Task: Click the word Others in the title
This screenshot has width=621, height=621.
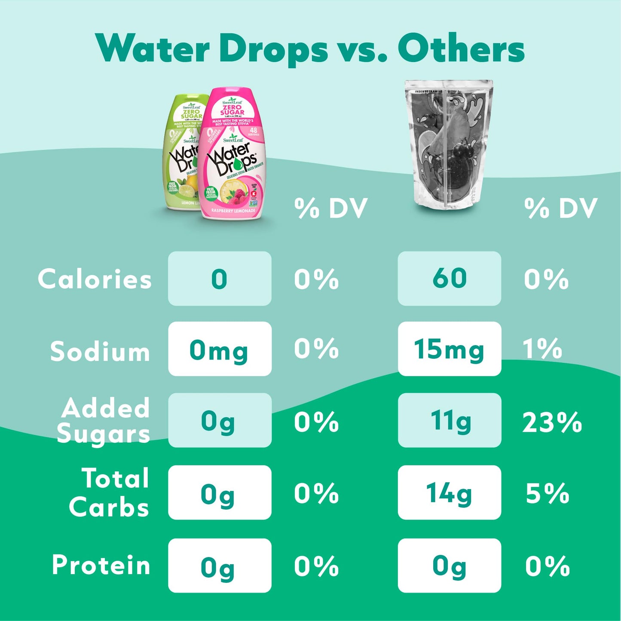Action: tap(461, 49)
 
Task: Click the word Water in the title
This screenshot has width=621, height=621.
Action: tap(153, 49)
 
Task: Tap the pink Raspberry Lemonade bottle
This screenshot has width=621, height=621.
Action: tap(234, 155)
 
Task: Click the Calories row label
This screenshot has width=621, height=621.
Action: tap(95, 279)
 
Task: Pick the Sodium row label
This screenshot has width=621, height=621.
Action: tap(100, 352)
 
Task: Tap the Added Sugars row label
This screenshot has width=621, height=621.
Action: tap(104, 420)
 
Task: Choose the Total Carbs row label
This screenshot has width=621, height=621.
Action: tap(110, 493)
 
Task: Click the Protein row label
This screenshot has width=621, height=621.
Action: tap(101, 565)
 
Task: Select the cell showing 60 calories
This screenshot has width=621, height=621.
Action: tap(449, 278)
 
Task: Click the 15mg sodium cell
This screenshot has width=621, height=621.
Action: tap(449, 349)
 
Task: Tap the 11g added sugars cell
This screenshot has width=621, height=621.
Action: tap(449, 420)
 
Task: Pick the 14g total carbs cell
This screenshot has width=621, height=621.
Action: tap(449, 493)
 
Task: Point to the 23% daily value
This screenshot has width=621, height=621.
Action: tap(552, 422)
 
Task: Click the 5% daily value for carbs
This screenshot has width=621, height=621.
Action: tap(548, 493)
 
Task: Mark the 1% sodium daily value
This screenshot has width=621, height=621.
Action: tap(542, 349)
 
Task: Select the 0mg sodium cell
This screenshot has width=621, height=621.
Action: tap(220, 349)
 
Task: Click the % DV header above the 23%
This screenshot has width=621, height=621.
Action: tap(561, 209)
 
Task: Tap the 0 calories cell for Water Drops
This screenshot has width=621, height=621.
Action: tap(220, 278)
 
